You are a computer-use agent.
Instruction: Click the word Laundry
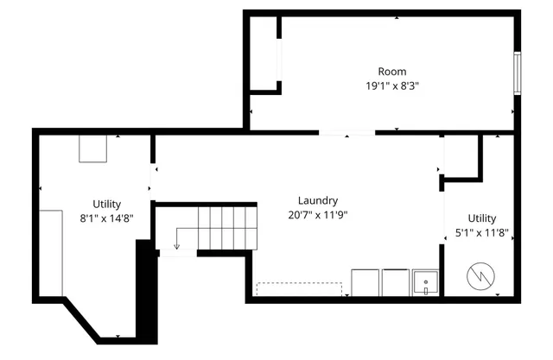point(318,200)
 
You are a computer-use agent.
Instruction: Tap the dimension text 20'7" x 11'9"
point(318,214)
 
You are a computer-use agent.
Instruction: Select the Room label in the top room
point(391,71)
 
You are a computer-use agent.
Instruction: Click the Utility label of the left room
point(107,204)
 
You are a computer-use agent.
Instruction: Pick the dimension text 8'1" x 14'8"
point(107,218)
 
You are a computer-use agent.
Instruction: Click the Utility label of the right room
point(482,218)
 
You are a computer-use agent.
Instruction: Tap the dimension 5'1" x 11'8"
point(482,233)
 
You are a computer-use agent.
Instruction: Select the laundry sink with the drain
point(425,282)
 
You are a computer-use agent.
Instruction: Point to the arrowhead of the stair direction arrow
point(176,247)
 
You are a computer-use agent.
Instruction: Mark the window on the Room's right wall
point(518,73)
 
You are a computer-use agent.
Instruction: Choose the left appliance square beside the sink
point(365,282)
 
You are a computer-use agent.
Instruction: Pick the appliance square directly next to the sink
point(396,282)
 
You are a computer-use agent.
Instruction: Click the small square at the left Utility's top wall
point(93,148)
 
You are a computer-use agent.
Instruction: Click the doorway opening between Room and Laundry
point(347,132)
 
